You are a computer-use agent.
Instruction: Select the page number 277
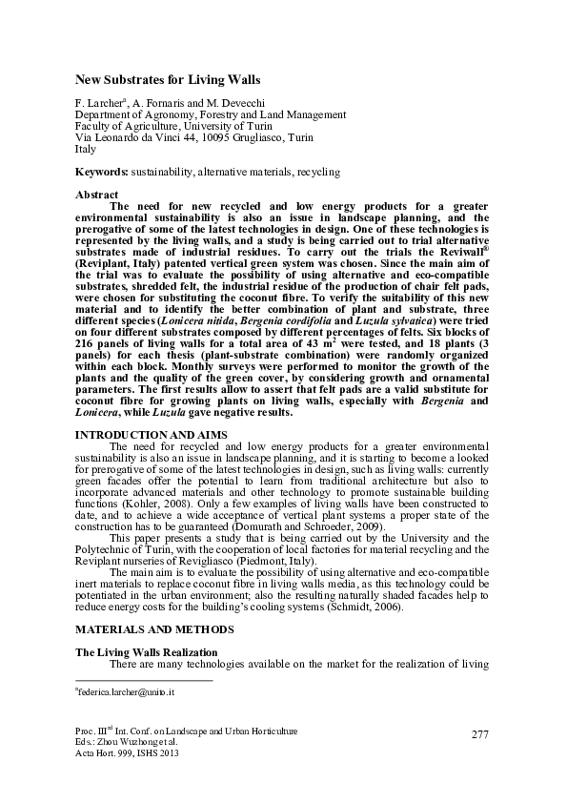480,733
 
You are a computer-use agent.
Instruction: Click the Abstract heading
96,195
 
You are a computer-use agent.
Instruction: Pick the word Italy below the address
86,150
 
